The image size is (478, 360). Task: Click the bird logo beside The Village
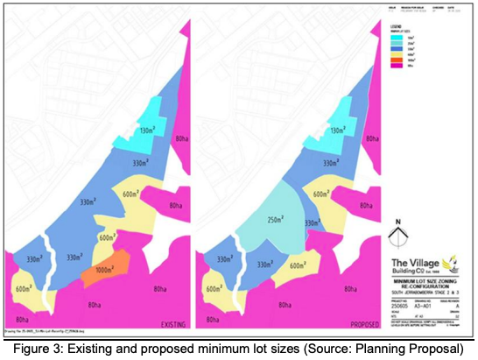(451, 259)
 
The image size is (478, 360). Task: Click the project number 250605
(401, 302)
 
